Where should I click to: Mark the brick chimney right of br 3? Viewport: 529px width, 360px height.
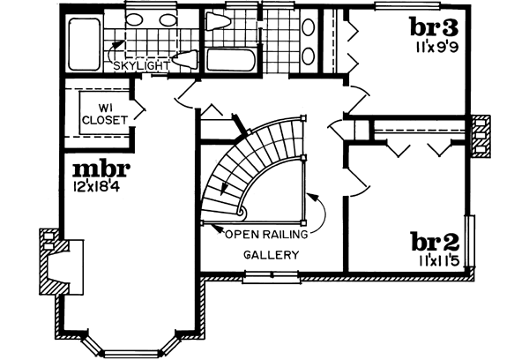(481, 137)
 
